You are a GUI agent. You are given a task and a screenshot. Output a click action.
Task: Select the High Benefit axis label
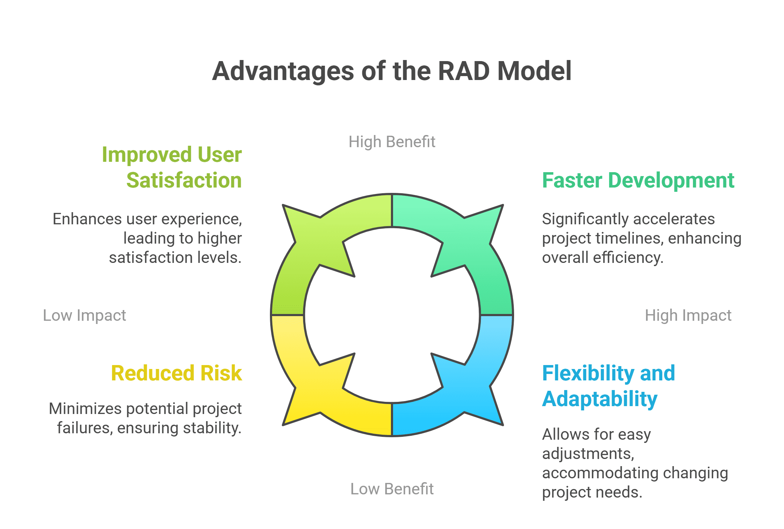coord(392,142)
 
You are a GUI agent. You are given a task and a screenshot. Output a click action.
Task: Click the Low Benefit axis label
coord(392,489)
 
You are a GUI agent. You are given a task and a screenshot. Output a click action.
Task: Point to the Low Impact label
coord(85,315)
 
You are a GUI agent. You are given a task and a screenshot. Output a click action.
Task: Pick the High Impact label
coord(688,315)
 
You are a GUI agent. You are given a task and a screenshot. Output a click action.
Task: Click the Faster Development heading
coord(638,180)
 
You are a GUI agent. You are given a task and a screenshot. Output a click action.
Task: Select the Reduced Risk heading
coord(177,373)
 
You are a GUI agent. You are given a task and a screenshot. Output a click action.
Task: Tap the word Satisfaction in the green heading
coord(184,180)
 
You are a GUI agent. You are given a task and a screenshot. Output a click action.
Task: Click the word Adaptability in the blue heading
coord(600,399)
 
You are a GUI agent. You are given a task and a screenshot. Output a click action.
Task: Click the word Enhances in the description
coord(87,219)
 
